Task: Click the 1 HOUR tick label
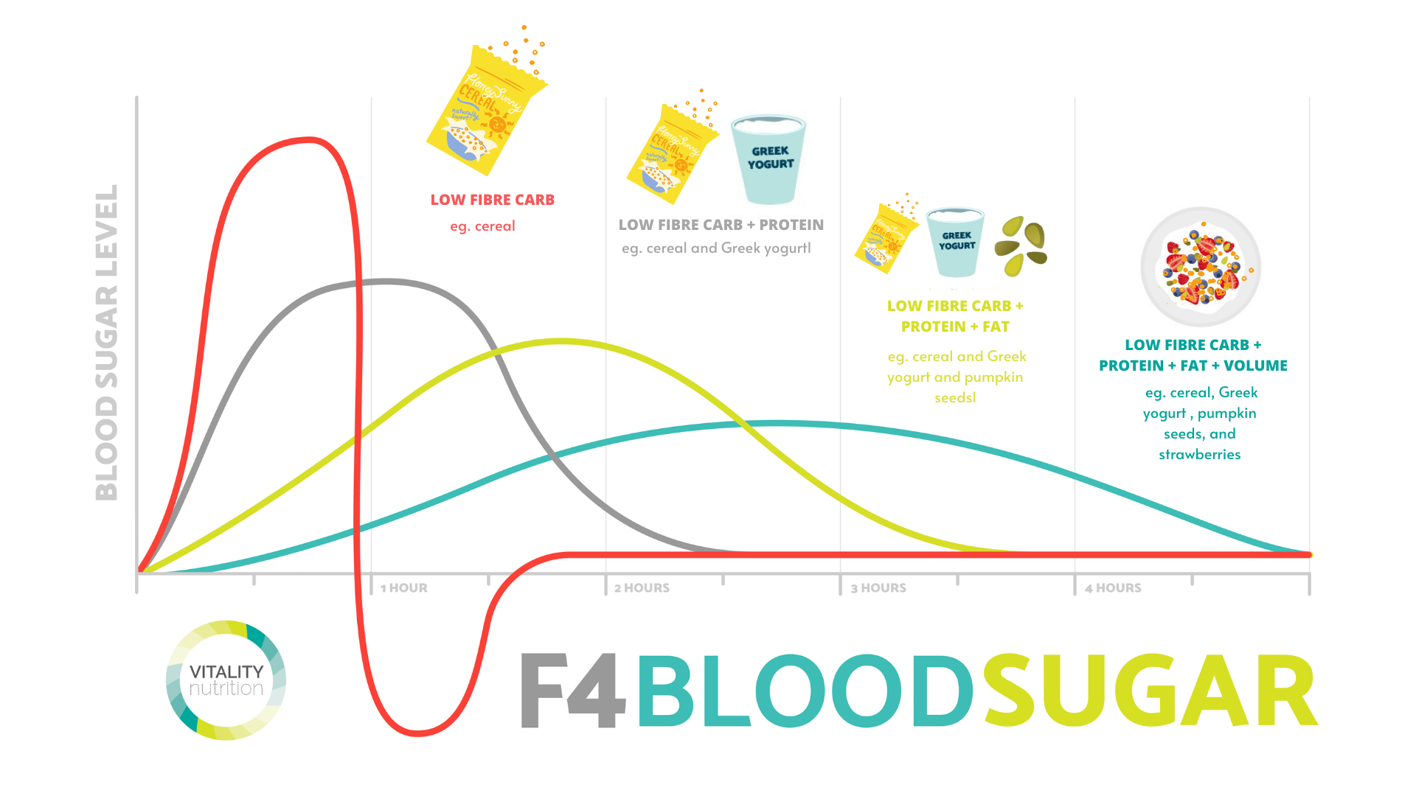pos(403,588)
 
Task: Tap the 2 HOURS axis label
pos(642,588)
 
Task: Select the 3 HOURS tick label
pos(878,588)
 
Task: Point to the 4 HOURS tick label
pos(1113,588)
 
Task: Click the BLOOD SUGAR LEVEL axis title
pos(108,343)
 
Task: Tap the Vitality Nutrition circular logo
pos(226,680)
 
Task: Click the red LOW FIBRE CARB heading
pos(492,200)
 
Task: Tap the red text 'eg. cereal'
pos(482,226)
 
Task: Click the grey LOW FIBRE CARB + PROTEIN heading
pos(721,225)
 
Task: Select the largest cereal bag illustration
pos(487,111)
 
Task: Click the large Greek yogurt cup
pos(768,158)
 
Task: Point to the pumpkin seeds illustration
pos(1021,245)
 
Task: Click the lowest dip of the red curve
pos(417,733)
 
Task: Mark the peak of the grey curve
pos(386,281)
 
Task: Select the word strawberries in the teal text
pos(1199,455)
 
